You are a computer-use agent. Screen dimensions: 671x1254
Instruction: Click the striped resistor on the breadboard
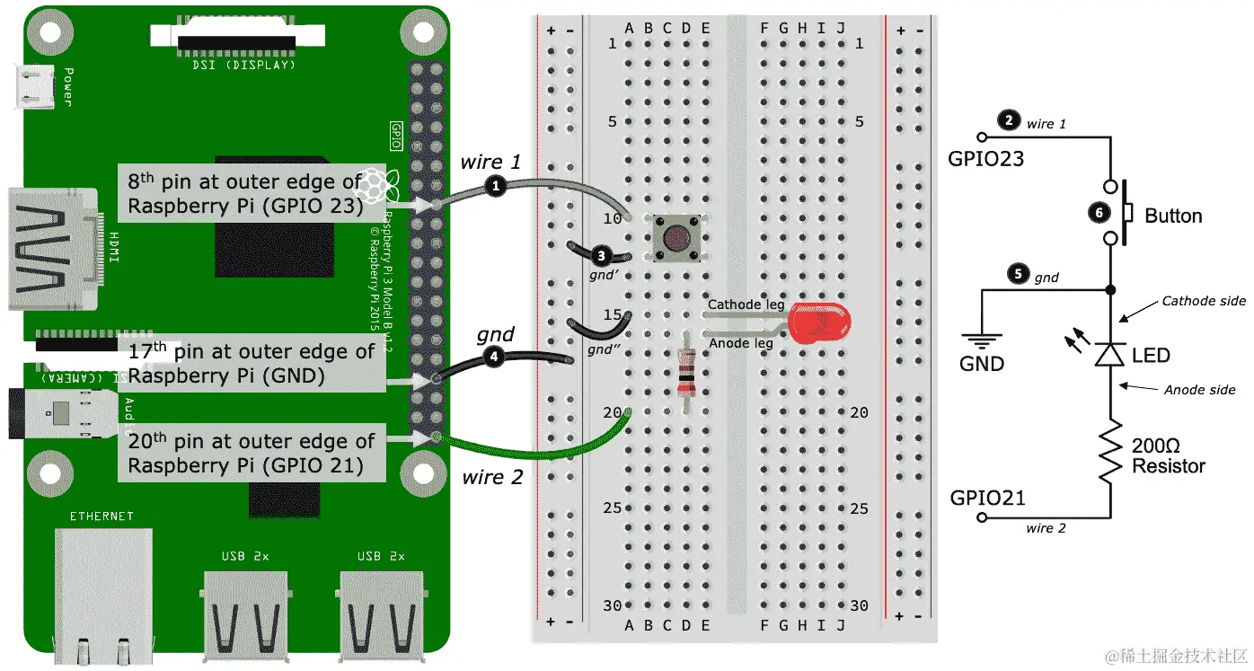pyautogui.click(x=686, y=371)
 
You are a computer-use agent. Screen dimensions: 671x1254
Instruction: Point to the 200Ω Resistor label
pyautogui.click(x=1168, y=456)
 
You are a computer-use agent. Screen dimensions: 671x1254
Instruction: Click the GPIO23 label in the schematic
pyautogui.click(x=985, y=160)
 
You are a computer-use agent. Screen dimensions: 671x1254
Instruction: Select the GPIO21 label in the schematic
pyautogui.click(x=987, y=498)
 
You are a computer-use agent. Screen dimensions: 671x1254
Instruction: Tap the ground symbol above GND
pyautogui.click(x=981, y=341)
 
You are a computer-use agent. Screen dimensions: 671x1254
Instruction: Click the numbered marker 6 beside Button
pyautogui.click(x=1097, y=213)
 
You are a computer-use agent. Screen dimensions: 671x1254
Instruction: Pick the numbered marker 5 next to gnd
pyautogui.click(x=1017, y=275)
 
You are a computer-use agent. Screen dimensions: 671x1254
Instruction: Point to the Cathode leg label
pyautogui.click(x=746, y=305)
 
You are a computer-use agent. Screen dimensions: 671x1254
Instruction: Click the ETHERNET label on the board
pyautogui.click(x=102, y=516)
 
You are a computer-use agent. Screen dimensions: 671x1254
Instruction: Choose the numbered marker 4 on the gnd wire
pyautogui.click(x=493, y=357)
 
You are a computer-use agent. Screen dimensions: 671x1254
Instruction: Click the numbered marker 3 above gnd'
pyautogui.click(x=603, y=254)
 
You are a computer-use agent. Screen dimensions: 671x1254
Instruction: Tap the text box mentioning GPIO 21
pyautogui.click(x=252, y=454)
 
